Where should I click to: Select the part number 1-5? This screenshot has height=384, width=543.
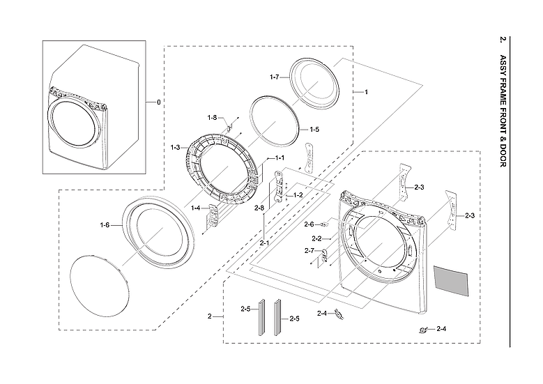point(314,130)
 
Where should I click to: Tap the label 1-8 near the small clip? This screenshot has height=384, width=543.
point(212,117)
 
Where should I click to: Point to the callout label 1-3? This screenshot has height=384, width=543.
point(175,147)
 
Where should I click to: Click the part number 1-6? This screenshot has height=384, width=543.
point(105,224)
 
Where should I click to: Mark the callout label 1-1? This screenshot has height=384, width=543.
point(280,158)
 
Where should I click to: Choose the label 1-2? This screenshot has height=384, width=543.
point(298,195)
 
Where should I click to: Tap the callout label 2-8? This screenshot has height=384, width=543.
point(259,208)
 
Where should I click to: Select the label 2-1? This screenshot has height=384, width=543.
point(264,243)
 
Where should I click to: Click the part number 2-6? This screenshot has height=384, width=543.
point(309,224)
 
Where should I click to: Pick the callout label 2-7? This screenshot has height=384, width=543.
point(309,251)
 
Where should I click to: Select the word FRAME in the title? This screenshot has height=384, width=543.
point(503,92)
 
